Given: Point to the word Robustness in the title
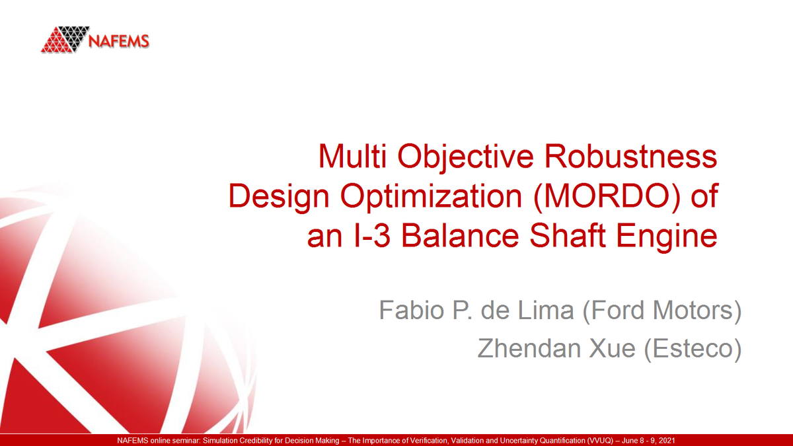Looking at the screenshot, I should [635, 157].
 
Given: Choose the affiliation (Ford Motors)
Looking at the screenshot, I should [661, 310].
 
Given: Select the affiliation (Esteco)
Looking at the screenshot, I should [693, 348].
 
